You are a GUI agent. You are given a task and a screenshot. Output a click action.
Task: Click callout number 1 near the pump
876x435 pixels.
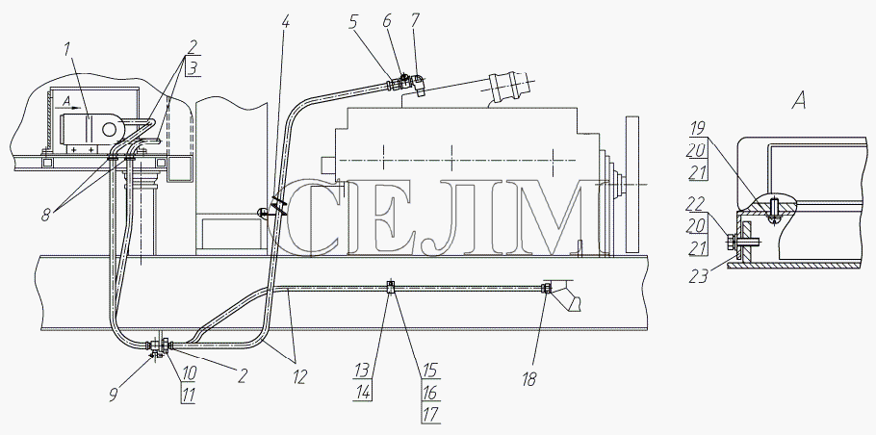point(67,49)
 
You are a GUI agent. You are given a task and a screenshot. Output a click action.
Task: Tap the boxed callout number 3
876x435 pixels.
point(191,69)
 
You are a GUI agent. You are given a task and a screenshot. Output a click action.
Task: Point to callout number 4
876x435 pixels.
point(286,23)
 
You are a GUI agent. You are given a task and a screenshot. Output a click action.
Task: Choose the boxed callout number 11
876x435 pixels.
point(189,396)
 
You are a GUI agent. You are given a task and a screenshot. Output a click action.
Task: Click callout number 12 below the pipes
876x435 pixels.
point(299,377)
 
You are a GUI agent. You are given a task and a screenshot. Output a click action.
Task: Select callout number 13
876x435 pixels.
point(361,370)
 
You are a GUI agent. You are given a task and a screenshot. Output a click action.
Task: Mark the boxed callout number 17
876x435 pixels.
point(430,414)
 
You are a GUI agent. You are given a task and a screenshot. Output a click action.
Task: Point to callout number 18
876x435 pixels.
point(529,379)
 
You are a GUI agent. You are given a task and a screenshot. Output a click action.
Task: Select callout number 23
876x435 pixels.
point(698,274)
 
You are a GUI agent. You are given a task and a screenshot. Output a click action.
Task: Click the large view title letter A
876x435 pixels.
point(799,102)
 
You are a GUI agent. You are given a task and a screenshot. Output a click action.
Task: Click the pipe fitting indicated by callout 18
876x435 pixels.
point(546,288)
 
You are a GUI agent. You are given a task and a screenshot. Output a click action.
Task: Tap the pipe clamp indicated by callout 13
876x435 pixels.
point(391,288)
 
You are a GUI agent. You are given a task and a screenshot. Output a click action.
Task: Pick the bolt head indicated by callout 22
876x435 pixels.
point(730,242)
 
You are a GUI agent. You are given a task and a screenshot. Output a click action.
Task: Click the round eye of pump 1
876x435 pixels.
point(109,128)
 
